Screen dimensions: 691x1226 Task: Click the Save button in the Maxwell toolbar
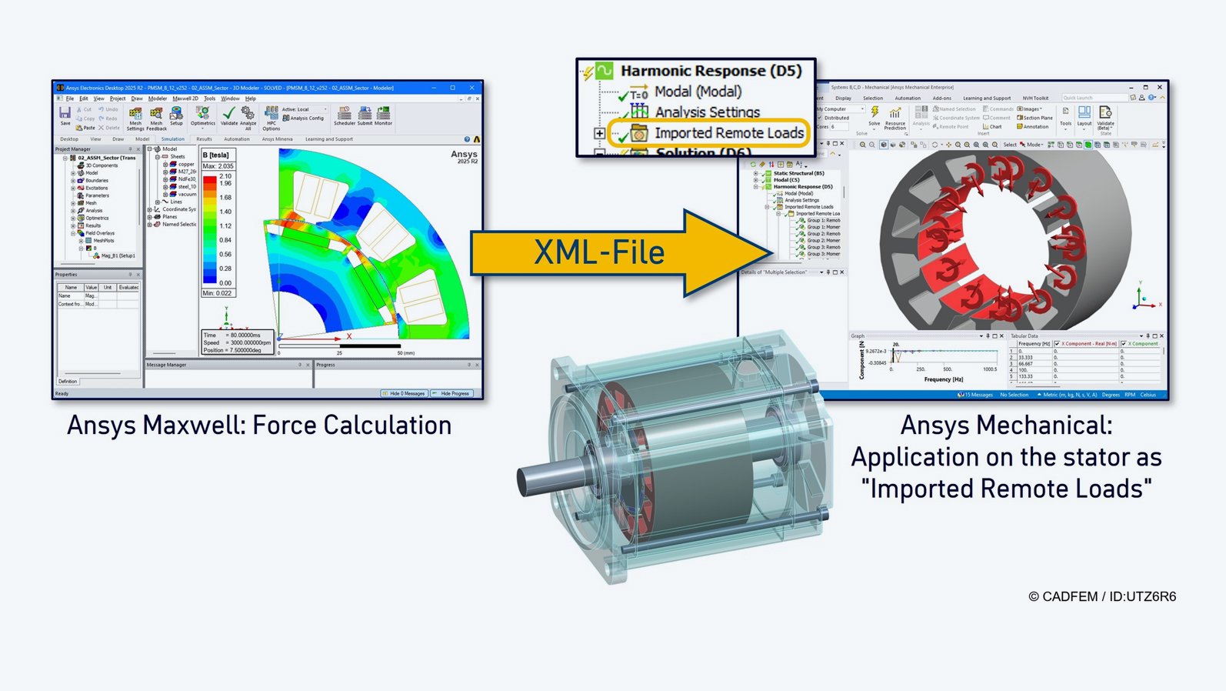tap(65, 115)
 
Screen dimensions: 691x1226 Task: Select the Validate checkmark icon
tap(229, 115)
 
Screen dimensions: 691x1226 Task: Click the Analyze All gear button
tap(248, 115)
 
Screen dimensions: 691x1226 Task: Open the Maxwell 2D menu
tap(185, 98)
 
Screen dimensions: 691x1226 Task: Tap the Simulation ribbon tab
tap(172, 139)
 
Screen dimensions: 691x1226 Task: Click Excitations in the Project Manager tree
tap(96, 188)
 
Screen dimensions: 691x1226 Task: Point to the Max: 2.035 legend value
tap(218, 166)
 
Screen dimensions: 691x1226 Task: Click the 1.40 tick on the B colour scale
tap(225, 212)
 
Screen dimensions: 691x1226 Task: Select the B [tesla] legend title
tap(215, 155)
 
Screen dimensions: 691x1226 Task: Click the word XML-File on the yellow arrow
tap(599, 252)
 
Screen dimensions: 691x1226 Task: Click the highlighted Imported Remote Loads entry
tap(728, 133)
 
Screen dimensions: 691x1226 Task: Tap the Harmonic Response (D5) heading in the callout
tap(711, 71)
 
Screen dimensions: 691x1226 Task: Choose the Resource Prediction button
tap(895, 117)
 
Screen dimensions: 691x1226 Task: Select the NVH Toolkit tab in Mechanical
tap(1035, 98)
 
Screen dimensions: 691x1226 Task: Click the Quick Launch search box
tap(1093, 98)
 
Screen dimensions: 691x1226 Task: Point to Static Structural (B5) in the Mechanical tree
tap(798, 173)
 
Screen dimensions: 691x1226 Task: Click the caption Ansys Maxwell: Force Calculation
tap(259, 426)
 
